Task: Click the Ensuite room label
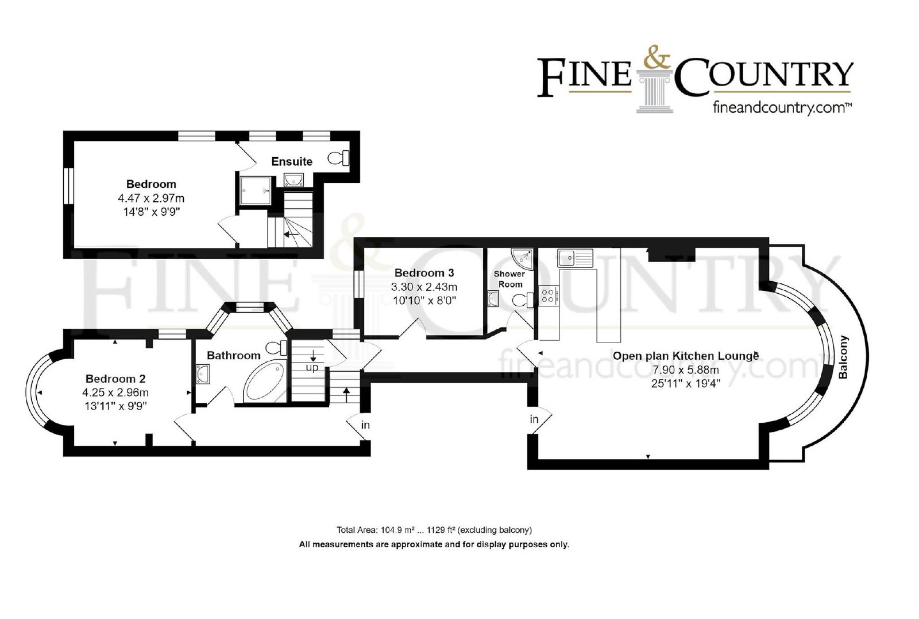[x=292, y=161]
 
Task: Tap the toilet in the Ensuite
[x=338, y=158]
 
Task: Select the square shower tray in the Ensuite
[x=255, y=190]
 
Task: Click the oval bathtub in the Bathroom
[x=265, y=382]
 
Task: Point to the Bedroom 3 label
[x=424, y=273]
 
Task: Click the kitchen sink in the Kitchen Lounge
[x=575, y=258]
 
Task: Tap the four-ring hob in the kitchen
[x=549, y=296]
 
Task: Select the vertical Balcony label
[x=843, y=357]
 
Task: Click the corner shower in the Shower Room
[x=523, y=259]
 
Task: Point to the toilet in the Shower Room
[x=523, y=300]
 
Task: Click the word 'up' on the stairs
[x=312, y=368]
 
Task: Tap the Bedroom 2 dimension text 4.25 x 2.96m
[x=115, y=392]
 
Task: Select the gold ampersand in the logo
[x=657, y=57]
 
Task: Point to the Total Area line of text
[x=434, y=530]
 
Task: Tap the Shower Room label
[x=509, y=279]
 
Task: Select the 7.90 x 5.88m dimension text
[x=686, y=370]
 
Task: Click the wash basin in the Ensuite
[x=294, y=180]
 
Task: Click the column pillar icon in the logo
[x=655, y=91]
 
